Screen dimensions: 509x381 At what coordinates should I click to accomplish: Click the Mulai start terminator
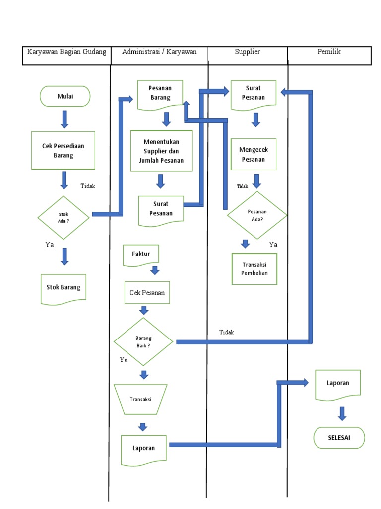[x=65, y=96]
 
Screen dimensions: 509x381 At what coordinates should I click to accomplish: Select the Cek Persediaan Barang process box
[x=63, y=151]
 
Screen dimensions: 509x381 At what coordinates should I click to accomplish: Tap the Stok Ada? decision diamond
[x=63, y=217]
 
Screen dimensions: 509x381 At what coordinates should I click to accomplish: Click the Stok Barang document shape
[x=63, y=287]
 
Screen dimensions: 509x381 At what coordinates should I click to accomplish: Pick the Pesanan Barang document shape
[x=160, y=93]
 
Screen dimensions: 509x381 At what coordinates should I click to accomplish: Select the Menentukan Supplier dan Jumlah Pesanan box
[x=161, y=151]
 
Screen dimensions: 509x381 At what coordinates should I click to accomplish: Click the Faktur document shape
[x=141, y=254]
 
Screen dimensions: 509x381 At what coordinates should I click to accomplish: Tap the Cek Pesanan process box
[x=147, y=293]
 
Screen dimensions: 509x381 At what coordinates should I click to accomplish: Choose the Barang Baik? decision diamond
[x=143, y=341]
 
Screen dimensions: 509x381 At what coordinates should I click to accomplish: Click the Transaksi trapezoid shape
[x=140, y=399]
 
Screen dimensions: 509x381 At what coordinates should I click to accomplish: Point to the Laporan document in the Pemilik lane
[x=338, y=383]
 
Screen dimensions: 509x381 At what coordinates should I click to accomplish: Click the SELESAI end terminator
[x=339, y=438]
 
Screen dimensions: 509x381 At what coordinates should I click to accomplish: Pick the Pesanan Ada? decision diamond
[x=257, y=215]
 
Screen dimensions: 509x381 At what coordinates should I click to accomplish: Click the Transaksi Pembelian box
[x=254, y=269]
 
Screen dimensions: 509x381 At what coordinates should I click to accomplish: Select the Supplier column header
[x=248, y=52]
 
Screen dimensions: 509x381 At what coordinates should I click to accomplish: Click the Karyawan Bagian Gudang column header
[x=66, y=52]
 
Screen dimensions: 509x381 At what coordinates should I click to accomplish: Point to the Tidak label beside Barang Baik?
[x=226, y=332]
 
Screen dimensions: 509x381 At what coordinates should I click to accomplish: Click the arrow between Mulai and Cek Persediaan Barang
[x=64, y=119]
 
